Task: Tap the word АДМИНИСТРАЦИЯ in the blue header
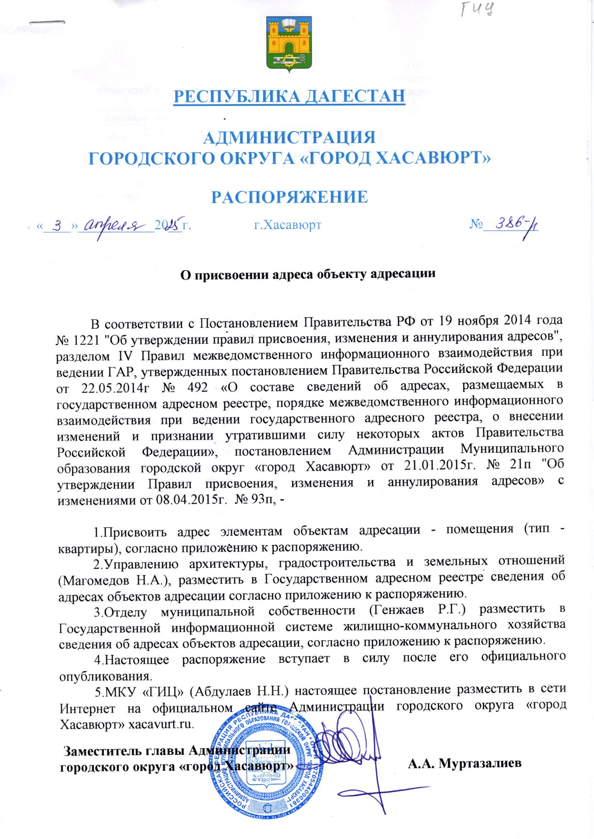pos(289,138)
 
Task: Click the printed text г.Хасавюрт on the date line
pos(288,225)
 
